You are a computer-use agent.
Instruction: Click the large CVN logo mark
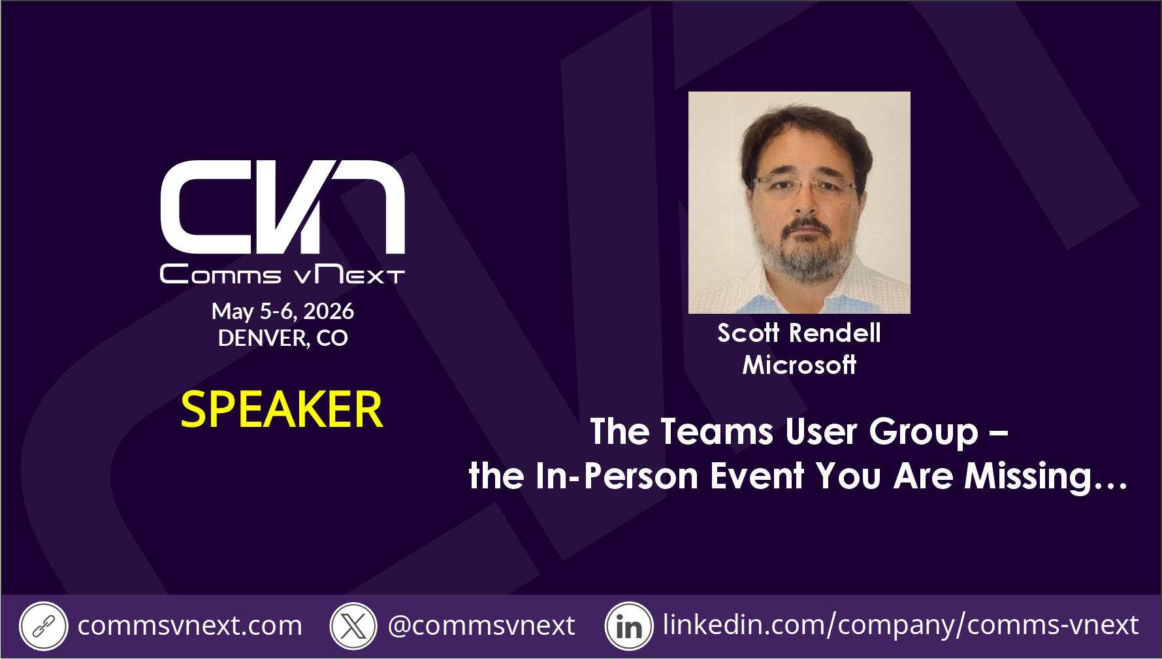[282, 207]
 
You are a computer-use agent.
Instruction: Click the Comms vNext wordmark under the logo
[282, 275]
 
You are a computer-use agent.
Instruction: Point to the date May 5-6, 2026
[283, 311]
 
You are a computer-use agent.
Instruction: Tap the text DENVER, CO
[283, 338]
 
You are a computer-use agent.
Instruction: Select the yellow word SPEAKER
[282, 409]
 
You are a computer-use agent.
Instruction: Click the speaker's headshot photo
[799, 203]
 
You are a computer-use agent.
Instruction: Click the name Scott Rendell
[799, 333]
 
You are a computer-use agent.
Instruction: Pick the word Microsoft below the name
[799, 365]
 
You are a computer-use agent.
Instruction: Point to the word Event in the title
[757, 475]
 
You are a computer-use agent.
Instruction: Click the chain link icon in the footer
[44, 626]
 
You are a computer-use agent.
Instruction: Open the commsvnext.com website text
[190, 626]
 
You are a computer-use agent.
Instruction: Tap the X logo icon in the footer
[353, 626]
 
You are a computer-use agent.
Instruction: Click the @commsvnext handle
[481, 626]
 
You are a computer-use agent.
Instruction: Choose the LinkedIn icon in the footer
[629, 626]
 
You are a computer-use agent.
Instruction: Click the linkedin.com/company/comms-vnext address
[901, 626]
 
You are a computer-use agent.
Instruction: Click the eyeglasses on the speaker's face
[805, 186]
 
